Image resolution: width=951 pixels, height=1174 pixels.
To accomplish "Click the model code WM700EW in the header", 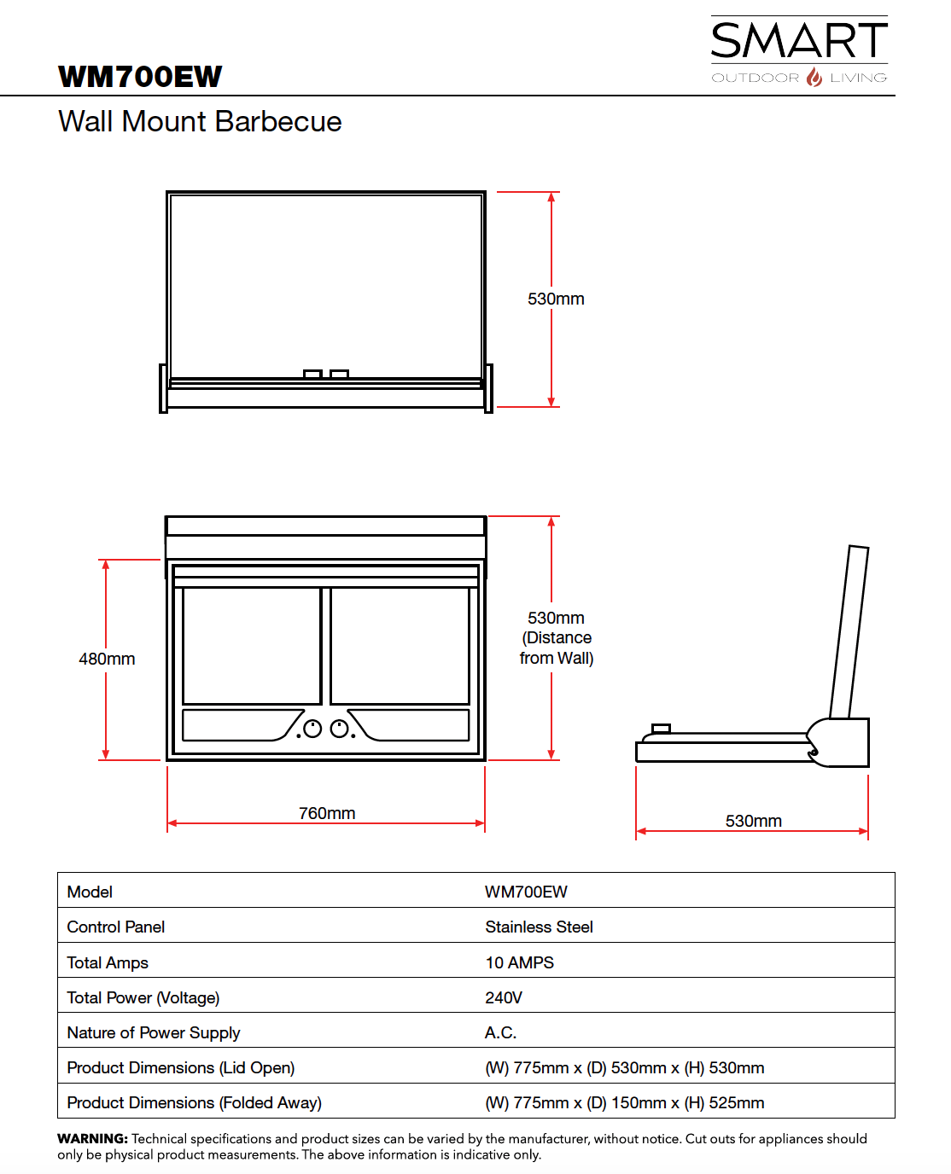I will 140,77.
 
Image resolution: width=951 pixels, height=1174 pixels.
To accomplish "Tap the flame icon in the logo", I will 814,77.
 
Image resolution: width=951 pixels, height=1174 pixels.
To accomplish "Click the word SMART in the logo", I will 799,41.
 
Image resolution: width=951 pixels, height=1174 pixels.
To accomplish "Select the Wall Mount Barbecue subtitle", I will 200,122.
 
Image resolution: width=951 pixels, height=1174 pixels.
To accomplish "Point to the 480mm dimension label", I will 107,659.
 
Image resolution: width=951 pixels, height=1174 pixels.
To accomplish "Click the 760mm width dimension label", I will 327,813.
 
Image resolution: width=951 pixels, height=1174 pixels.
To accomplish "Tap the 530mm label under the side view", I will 753,821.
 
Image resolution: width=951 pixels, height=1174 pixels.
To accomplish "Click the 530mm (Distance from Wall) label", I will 557,637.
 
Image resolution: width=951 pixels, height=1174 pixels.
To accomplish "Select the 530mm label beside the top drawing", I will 556,299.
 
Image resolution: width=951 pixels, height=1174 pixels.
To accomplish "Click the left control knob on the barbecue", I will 312,729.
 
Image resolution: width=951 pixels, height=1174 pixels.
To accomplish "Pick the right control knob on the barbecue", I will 340,729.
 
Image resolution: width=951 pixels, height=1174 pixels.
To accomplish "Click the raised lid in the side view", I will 849,631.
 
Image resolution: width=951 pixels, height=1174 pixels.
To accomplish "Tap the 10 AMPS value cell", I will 519,962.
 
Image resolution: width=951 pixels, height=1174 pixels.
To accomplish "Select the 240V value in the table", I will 504,997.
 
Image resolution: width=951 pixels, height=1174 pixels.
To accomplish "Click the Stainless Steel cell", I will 539,927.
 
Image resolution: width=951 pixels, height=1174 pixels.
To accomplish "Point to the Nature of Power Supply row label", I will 154,1032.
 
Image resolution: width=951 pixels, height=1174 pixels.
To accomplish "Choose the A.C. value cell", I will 500,1032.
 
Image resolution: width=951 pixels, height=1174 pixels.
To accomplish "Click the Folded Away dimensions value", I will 624,1102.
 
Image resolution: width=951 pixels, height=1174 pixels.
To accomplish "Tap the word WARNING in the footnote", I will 92,1138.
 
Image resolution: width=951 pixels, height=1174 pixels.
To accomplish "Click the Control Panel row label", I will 116,927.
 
